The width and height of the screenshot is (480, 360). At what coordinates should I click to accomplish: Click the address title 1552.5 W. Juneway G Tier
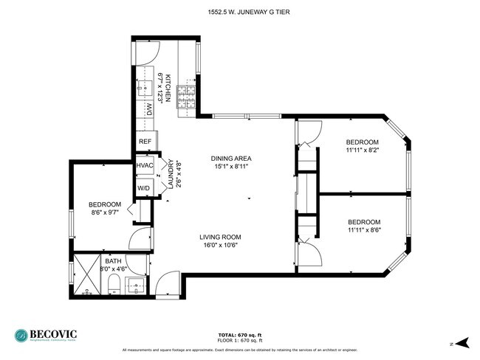tap(239, 11)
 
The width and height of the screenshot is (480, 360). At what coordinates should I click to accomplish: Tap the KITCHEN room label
tap(168, 88)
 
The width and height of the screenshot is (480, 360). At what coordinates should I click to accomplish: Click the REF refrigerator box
tap(145, 142)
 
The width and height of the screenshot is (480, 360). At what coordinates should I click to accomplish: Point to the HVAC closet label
tap(145, 165)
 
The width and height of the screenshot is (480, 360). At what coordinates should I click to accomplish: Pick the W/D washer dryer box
tap(145, 187)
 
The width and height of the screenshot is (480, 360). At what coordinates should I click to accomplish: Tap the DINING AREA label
tap(231, 159)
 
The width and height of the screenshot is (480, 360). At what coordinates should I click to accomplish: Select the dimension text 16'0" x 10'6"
tap(220, 246)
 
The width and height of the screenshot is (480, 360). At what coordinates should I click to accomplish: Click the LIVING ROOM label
tap(220, 238)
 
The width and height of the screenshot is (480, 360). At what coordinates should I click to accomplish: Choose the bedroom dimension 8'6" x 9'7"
tap(104, 213)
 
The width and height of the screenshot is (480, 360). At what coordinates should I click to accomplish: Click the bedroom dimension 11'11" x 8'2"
tap(363, 150)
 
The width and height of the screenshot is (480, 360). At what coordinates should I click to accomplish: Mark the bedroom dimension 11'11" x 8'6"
tap(363, 231)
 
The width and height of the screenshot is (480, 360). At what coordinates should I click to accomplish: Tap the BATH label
tap(113, 261)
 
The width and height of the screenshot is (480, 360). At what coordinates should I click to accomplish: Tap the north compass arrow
tap(462, 342)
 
